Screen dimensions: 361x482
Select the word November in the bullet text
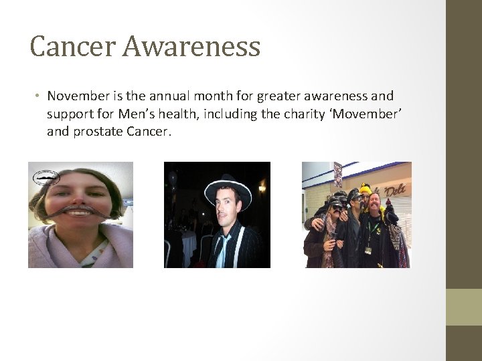[x=79, y=97]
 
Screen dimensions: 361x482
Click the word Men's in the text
[x=132, y=114]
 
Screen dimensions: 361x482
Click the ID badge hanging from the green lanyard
[x=368, y=249]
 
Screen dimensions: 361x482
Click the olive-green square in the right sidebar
[x=464, y=307]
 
